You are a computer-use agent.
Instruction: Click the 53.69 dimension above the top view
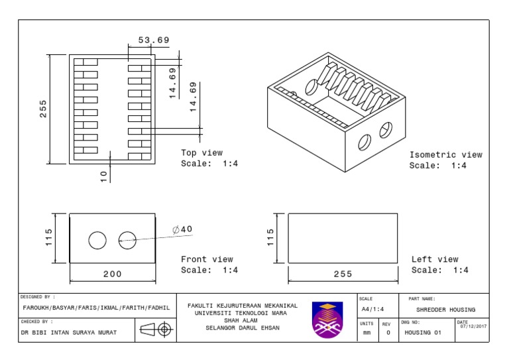coord(154,40)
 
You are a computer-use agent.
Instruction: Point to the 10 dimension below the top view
coord(103,176)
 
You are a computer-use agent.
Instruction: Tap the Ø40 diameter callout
coord(182,229)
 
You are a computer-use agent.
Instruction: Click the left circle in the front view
coord(97,240)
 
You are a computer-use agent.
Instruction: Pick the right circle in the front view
coord(127,240)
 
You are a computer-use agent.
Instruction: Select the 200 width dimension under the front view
coord(112,274)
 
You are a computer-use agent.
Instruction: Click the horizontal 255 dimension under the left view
coord(343,274)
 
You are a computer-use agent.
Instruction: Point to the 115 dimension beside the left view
coord(270,237)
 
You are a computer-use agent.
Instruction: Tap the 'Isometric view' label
coord(445,154)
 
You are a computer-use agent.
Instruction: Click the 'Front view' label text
coord(207,259)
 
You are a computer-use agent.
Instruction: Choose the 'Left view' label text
coord(435,259)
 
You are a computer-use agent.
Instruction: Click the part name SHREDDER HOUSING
coord(445,310)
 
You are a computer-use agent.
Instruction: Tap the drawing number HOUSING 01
coord(423,332)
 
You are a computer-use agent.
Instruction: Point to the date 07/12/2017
coord(473,326)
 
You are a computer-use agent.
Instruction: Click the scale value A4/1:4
coord(373,310)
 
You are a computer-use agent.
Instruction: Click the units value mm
coord(367,332)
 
